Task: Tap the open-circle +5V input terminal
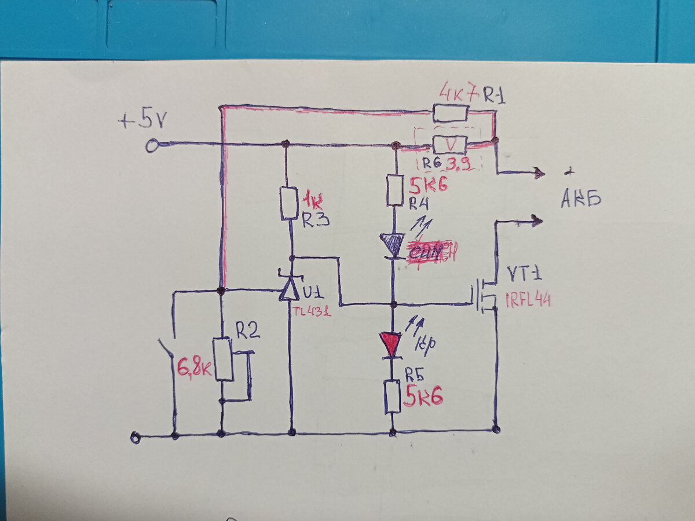(152, 145)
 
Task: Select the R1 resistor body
(451, 113)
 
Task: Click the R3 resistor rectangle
(290, 203)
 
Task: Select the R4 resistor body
(394, 189)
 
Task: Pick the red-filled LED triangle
(392, 344)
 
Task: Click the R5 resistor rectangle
(393, 396)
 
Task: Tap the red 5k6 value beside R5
(423, 397)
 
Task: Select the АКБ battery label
(580, 200)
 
